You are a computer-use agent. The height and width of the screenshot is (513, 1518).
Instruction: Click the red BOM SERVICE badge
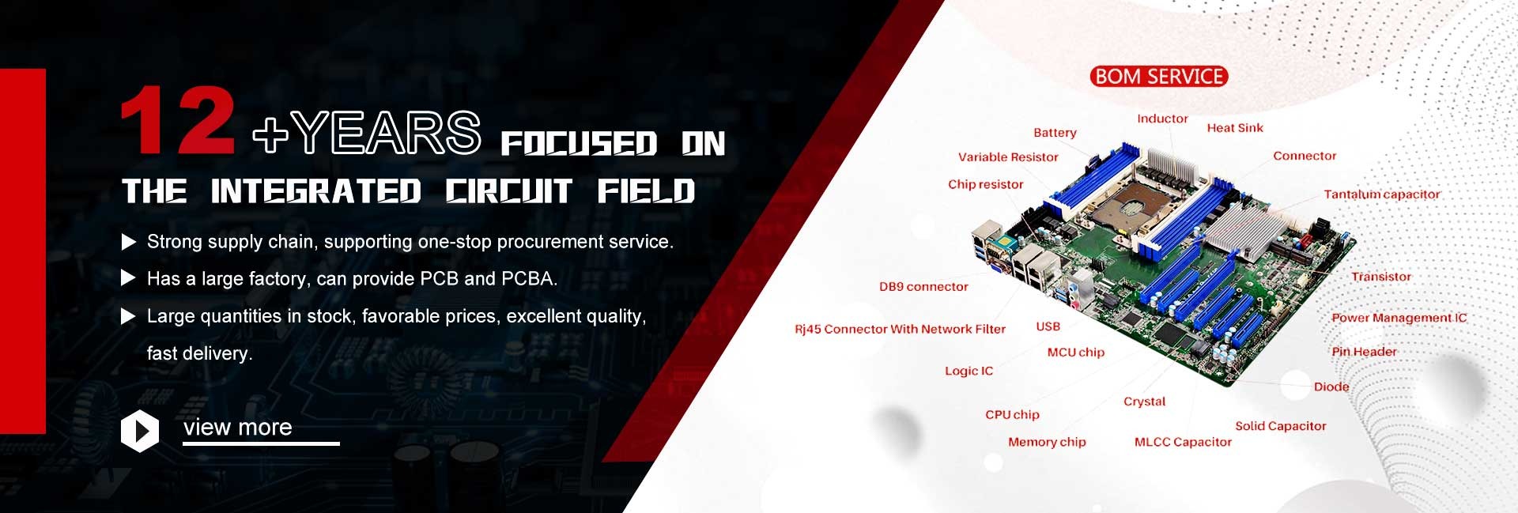(x=1158, y=77)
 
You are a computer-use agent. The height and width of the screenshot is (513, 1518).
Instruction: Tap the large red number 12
(x=177, y=120)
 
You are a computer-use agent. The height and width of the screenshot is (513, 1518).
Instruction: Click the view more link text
(x=238, y=427)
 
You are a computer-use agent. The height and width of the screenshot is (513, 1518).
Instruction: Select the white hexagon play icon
(x=140, y=431)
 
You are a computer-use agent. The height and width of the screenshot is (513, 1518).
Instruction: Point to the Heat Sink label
(x=1235, y=128)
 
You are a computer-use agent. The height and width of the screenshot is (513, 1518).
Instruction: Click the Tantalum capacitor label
(x=1382, y=194)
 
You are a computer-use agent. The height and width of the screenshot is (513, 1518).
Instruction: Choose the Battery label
(x=1055, y=133)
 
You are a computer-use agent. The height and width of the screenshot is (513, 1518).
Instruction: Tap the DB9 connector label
(x=923, y=287)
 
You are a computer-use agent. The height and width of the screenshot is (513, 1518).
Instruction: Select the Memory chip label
(x=1047, y=442)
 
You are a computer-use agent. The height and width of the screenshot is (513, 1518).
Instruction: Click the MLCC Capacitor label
(x=1183, y=442)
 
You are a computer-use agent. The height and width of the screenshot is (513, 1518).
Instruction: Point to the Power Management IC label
(x=1399, y=318)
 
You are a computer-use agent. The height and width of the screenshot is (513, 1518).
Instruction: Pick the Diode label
(x=1331, y=387)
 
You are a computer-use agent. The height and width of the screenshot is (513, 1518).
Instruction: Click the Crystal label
(x=1144, y=402)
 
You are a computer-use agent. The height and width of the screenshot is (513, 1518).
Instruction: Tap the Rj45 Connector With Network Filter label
(x=900, y=329)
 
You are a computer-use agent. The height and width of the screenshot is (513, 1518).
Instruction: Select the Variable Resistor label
(x=1008, y=157)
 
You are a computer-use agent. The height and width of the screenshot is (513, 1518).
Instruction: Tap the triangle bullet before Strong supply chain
(x=128, y=242)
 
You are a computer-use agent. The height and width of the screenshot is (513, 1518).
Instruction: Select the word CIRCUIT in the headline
(x=508, y=191)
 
